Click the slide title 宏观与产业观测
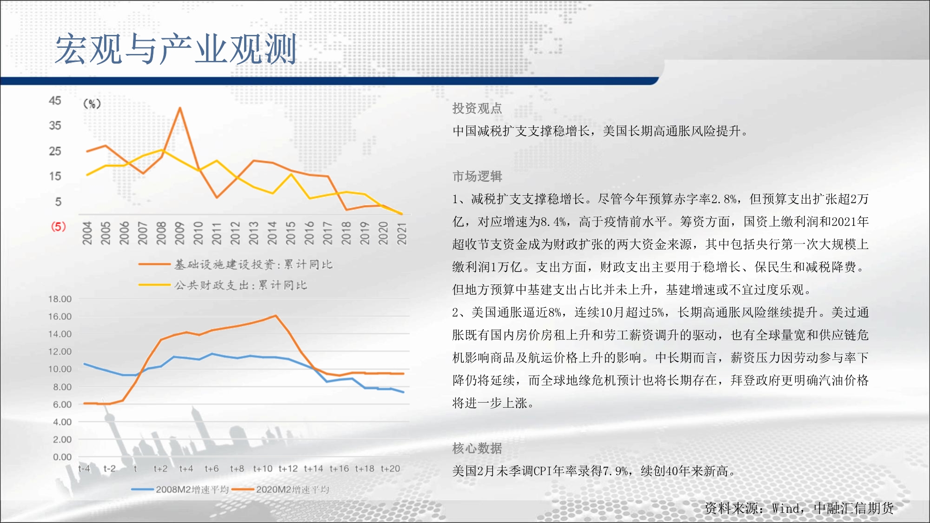tap(176, 49)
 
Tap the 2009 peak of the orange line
tap(179, 108)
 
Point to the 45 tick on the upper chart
tap(55, 100)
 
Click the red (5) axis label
tap(58, 226)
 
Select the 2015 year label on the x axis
tap(291, 233)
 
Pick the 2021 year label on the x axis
tap(402, 233)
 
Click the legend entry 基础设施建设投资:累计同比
tap(235, 265)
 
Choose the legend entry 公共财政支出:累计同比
tap(223, 285)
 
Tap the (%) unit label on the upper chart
tap(92, 104)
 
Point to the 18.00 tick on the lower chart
tap(60, 299)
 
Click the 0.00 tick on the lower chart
tap(62, 457)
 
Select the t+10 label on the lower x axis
tap(263, 469)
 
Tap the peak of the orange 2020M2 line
tap(276, 316)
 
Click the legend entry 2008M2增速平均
tap(180, 490)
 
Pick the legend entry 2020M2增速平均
tap(280, 490)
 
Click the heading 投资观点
tap(477, 108)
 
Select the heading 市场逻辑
tap(477, 176)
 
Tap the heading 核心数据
tap(477, 448)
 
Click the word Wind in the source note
tap(786, 508)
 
